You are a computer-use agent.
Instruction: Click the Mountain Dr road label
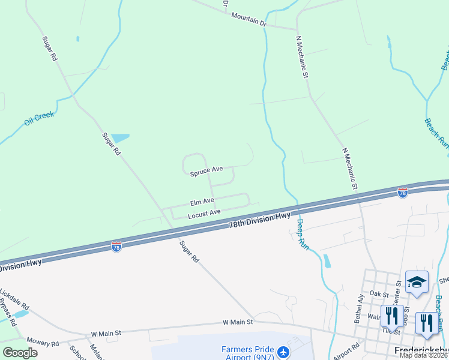tap(248, 19)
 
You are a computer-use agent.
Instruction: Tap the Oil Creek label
tap(39, 118)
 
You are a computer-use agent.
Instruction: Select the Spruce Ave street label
tap(206, 172)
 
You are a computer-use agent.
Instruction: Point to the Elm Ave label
tap(202, 202)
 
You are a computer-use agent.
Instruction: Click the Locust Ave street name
tap(204, 213)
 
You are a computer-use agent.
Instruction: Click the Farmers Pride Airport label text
tap(247, 353)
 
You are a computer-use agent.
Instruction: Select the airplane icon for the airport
tap(284, 351)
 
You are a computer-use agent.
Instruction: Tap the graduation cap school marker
tap(417, 282)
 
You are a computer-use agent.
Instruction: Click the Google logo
tap(20, 353)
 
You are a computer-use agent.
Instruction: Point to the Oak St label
tap(380, 294)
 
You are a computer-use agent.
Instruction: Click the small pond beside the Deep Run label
tap(327, 261)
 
